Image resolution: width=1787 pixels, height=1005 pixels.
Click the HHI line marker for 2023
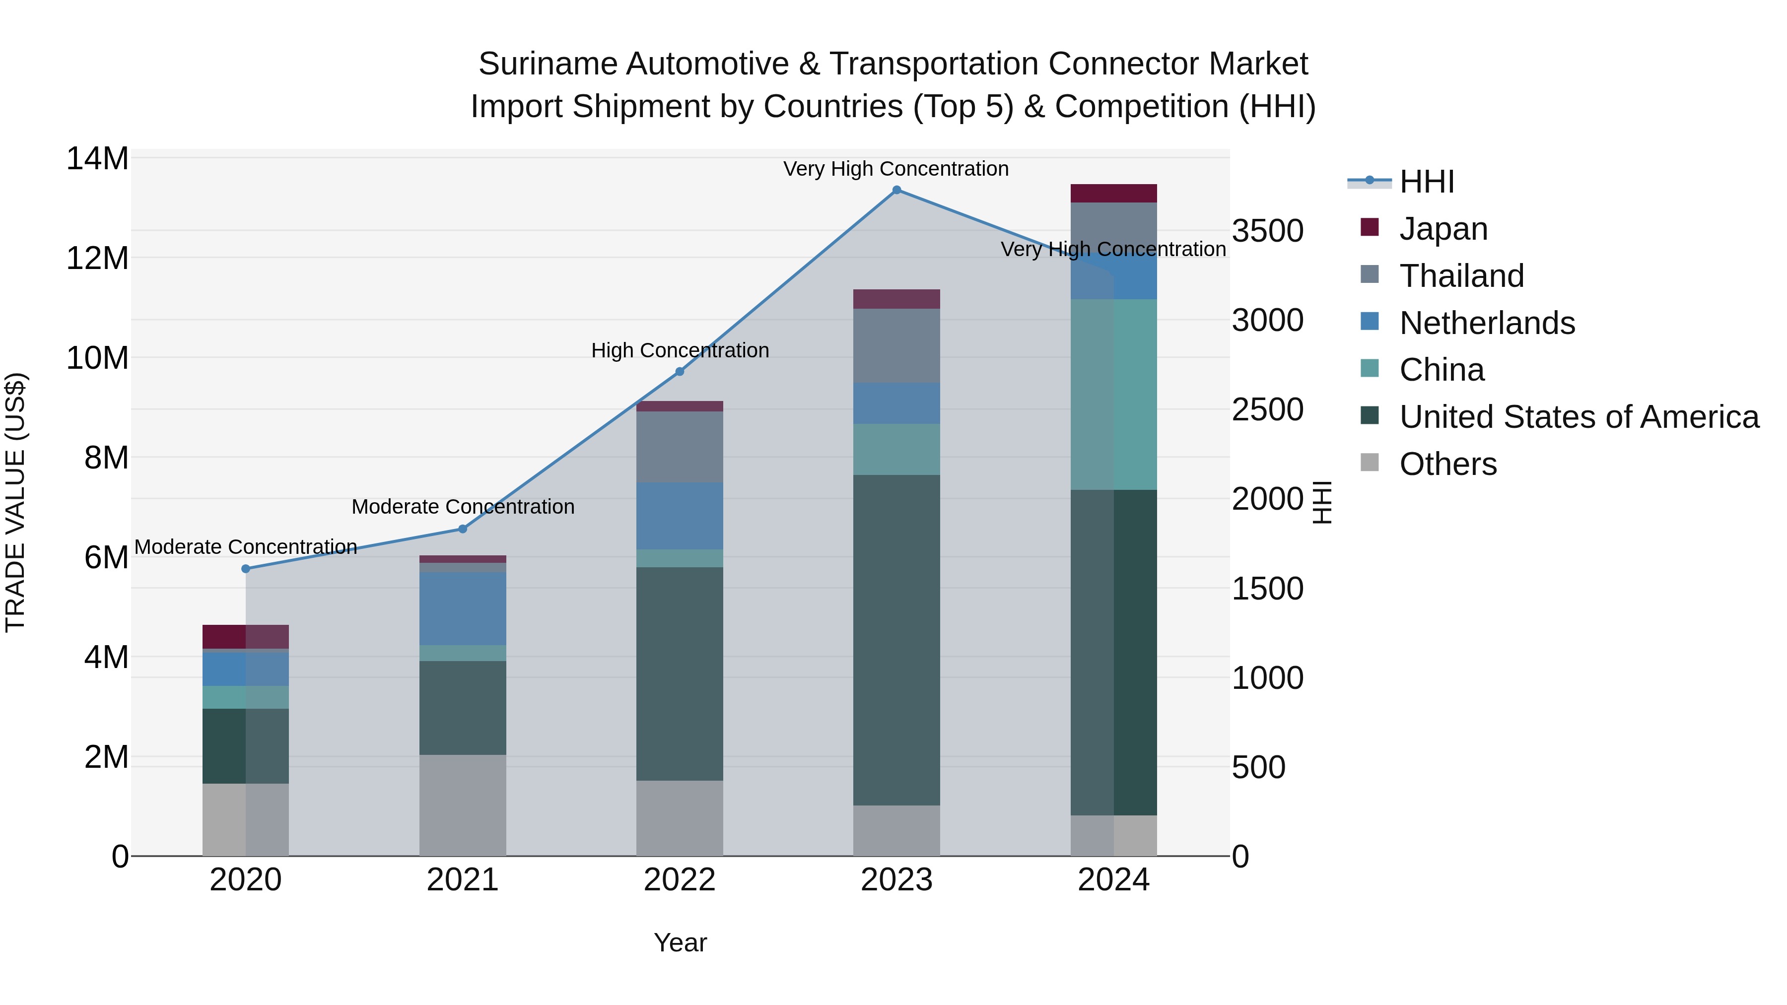point(896,190)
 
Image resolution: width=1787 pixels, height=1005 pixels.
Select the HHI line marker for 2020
point(246,569)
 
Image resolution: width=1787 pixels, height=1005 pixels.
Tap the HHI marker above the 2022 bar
point(680,372)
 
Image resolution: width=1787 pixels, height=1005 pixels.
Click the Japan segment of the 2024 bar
point(1113,194)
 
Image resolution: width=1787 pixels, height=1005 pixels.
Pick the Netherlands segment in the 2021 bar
point(463,608)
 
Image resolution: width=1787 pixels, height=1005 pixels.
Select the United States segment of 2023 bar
point(896,640)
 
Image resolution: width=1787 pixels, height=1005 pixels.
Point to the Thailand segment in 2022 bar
point(680,447)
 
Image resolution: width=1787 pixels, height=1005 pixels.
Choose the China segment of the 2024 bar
point(1113,394)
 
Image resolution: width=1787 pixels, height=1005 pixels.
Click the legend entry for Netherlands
point(1487,323)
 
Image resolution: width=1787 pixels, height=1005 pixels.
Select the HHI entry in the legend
point(1426,182)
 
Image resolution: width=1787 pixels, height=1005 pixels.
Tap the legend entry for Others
point(1448,464)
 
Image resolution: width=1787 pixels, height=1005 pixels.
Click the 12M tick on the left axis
point(97,258)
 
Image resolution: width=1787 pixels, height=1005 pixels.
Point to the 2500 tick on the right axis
point(1267,409)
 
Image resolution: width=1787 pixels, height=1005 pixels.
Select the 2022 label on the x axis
point(680,880)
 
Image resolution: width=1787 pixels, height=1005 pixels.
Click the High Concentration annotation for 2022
point(680,350)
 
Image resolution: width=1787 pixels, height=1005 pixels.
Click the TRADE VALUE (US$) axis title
point(15,502)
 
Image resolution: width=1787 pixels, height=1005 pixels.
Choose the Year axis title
point(680,942)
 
